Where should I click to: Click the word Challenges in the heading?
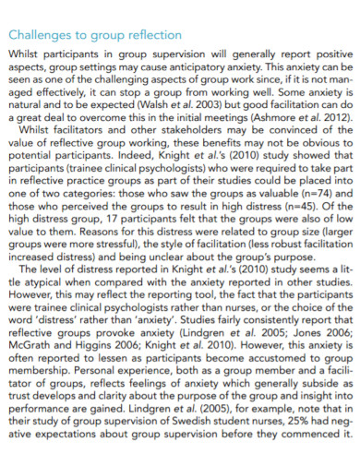[x=41, y=35]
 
